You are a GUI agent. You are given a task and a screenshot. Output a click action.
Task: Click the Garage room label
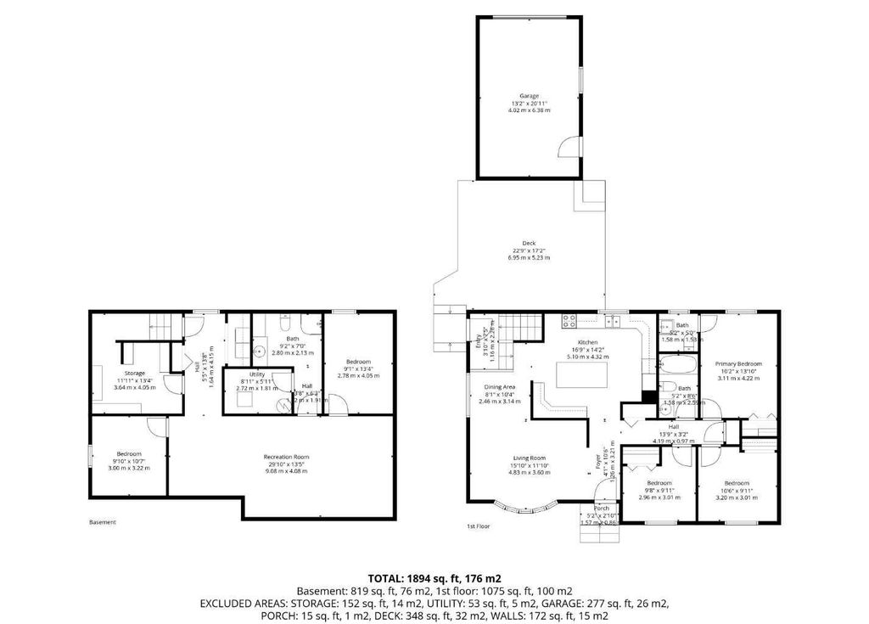pyautogui.click(x=529, y=96)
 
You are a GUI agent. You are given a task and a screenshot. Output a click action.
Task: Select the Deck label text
pyautogui.click(x=529, y=243)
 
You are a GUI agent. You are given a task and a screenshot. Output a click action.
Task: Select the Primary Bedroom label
pyautogui.click(x=737, y=364)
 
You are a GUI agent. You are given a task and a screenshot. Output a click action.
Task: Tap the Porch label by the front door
pyautogui.click(x=601, y=509)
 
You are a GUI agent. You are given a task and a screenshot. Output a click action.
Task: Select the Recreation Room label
pyautogui.click(x=285, y=458)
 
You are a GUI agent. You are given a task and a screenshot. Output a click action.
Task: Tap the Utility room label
pyautogui.click(x=257, y=374)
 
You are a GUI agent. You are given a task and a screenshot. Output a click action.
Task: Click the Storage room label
pyautogui.click(x=134, y=373)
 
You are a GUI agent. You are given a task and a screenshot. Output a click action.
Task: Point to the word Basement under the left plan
pyautogui.click(x=102, y=522)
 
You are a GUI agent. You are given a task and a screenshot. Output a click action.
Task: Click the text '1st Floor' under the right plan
pyautogui.click(x=479, y=526)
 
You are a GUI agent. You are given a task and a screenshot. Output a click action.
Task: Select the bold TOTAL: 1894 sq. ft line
pyautogui.click(x=434, y=577)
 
